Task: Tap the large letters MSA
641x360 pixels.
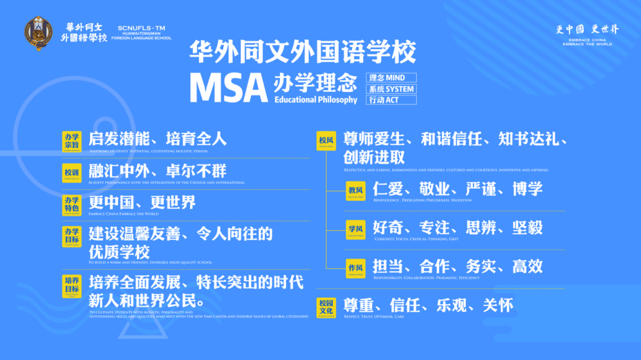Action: click(x=229, y=88)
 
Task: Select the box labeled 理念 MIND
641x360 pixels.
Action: click(x=391, y=78)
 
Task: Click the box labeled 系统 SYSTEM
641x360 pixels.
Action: click(x=391, y=89)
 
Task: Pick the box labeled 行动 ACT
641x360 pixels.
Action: click(x=391, y=100)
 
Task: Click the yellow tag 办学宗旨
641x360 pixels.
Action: click(x=72, y=140)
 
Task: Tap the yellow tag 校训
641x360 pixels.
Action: click(x=72, y=173)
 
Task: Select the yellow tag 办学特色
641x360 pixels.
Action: click(x=72, y=204)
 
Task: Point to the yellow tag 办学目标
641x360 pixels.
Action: click(x=72, y=235)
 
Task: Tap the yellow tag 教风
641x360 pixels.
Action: click(x=356, y=190)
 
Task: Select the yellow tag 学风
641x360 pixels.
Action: click(x=356, y=230)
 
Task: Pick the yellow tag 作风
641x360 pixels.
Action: click(x=356, y=269)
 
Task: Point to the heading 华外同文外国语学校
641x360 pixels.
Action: click(x=303, y=52)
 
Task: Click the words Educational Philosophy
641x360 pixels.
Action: click(x=316, y=100)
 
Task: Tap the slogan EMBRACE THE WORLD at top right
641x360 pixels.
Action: click(x=587, y=44)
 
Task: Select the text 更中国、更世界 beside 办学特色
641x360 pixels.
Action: click(x=142, y=203)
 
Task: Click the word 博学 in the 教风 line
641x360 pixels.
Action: click(x=528, y=189)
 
